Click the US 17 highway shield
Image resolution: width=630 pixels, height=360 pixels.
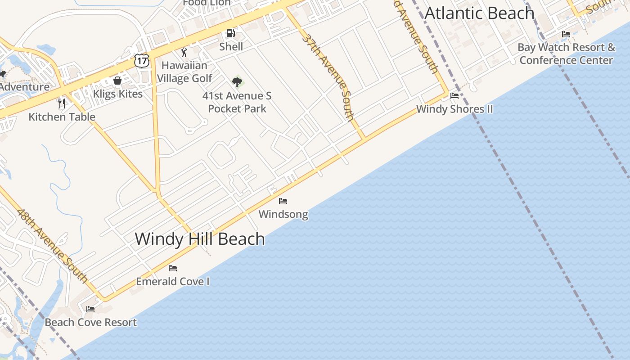pos(141,60)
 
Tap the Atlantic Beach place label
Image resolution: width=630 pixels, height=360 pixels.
pos(479,13)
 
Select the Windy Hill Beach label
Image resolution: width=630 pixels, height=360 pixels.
pos(200,238)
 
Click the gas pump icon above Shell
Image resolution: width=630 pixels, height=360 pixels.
pos(231,33)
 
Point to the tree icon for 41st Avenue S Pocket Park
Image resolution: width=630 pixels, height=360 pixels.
pos(237,82)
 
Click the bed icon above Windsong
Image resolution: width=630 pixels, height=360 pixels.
pos(283,201)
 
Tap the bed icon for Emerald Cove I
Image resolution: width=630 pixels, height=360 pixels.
pos(173,268)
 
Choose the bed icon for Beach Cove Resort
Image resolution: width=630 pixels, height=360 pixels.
pos(90,309)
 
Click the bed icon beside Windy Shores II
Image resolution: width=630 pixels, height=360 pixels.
pos(454,96)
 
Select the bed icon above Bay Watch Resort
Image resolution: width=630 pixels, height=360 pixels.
pos(566,34)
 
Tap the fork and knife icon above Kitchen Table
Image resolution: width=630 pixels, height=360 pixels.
pos(62,103)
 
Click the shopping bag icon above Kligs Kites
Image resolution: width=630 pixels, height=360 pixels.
pos(117,81)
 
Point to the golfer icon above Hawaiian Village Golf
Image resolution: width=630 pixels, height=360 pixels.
pos(184,52)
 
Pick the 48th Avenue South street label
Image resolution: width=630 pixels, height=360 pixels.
pos(52,245)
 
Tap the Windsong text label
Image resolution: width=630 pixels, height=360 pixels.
pos(283,214)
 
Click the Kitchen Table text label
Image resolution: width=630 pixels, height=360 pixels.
pos(62,117)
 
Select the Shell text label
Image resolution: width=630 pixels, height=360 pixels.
pos(231,46)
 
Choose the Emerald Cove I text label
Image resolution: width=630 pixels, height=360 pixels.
pos(173,282)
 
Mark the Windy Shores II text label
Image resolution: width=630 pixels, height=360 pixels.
pos(454,109)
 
